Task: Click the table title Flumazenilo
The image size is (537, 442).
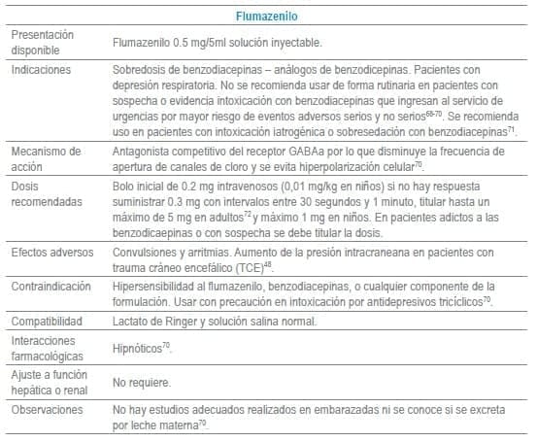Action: coord(268,17)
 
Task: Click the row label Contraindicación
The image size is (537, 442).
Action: coord(50,287)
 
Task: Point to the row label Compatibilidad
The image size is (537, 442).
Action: coord(47,320)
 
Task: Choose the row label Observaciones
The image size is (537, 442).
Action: coord(46,411)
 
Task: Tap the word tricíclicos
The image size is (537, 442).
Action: coord(450,302)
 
